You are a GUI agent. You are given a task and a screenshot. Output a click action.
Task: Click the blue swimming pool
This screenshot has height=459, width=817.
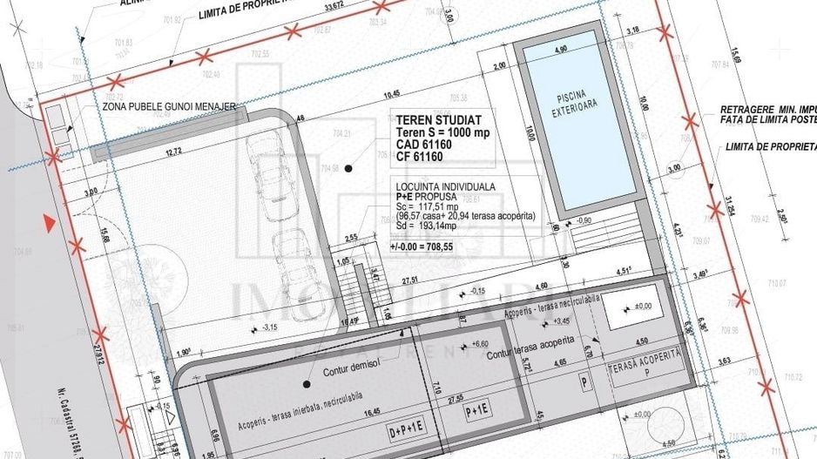point(578,131)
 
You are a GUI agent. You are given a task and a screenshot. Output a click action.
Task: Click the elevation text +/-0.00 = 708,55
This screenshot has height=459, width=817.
point(424,246)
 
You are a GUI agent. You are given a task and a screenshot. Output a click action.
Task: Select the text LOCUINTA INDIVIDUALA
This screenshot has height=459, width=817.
point(446,186)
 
